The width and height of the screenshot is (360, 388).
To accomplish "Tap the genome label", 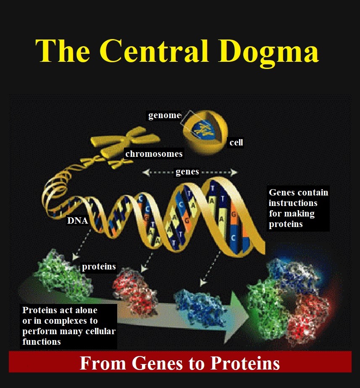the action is [164, 116].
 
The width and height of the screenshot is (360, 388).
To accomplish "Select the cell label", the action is [236, 143].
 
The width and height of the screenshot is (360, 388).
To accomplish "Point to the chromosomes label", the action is [154, 154].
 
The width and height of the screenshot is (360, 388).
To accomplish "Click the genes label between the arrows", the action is [187, 172].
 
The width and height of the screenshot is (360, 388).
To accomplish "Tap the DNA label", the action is [77, 220].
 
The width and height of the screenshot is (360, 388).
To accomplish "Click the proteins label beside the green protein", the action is [99, 267].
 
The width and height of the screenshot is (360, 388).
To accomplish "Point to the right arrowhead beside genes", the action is [234, 172].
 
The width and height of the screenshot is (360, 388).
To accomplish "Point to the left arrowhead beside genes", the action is [146, 172].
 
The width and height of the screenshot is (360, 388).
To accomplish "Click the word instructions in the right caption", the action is [293, 203].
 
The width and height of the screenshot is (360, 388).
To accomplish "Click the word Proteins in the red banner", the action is [245, 363].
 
